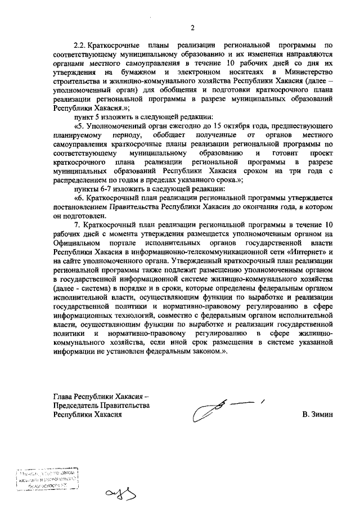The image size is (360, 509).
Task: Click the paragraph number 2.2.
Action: coord(82,44)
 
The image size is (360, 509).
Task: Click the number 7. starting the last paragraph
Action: coord(76,224)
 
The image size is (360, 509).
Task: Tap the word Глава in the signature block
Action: coord(63,395)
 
